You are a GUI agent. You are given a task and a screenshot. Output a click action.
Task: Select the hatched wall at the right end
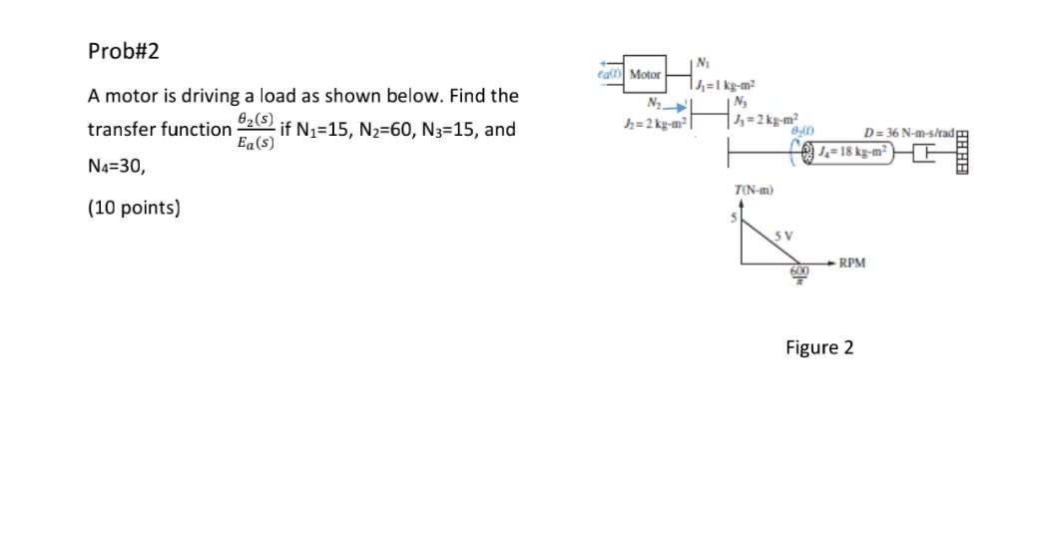click(x=962, y=152)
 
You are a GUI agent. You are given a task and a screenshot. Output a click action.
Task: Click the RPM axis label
click(x=851, y=264)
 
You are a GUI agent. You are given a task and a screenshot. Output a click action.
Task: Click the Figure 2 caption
click(x=818, y=347)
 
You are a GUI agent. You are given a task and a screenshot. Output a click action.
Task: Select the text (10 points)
click(x=134, y=209)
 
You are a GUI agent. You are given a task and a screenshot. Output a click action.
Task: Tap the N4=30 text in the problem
click(x=117, y=168)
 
